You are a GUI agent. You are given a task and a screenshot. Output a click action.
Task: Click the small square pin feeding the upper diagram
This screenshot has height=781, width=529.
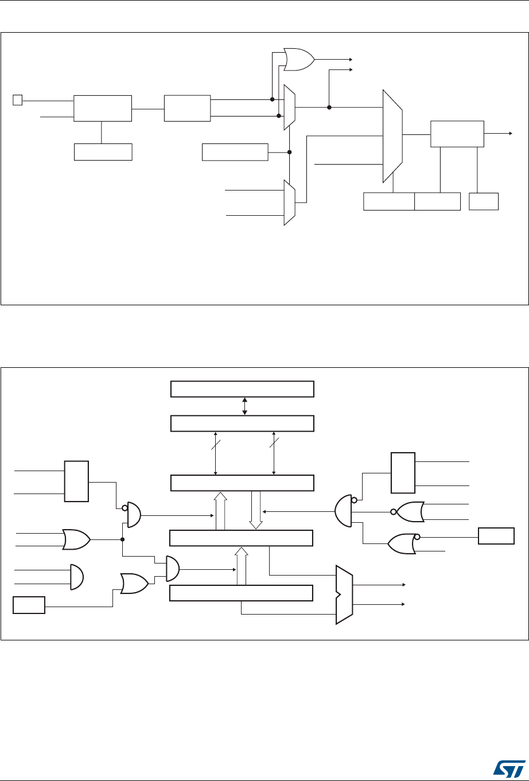[17, 100]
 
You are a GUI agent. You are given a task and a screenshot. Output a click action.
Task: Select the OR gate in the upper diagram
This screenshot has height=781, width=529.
[298, 60]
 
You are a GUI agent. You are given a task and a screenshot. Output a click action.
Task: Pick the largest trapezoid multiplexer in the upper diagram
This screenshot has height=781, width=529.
[392, 135]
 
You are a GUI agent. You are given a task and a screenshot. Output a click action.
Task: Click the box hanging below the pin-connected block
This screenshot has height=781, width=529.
[103, 152]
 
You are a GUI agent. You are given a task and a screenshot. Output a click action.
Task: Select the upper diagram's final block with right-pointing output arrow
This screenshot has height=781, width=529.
[457, 134]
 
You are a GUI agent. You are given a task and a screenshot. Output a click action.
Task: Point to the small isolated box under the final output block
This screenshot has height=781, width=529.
[484, 201]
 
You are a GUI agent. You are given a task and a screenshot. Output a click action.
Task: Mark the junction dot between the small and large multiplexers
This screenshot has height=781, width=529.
[329, 107]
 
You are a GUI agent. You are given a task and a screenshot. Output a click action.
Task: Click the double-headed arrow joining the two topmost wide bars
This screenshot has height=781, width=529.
[245, 406]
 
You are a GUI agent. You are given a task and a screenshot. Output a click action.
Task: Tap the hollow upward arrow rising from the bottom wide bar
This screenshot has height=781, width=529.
[242, 566]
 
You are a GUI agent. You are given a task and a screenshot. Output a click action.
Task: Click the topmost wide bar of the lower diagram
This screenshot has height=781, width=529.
[243, 388]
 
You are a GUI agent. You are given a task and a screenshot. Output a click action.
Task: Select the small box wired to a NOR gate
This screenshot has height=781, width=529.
[497, 536]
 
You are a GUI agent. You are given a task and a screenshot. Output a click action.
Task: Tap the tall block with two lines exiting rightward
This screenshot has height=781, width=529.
[402, 473]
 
